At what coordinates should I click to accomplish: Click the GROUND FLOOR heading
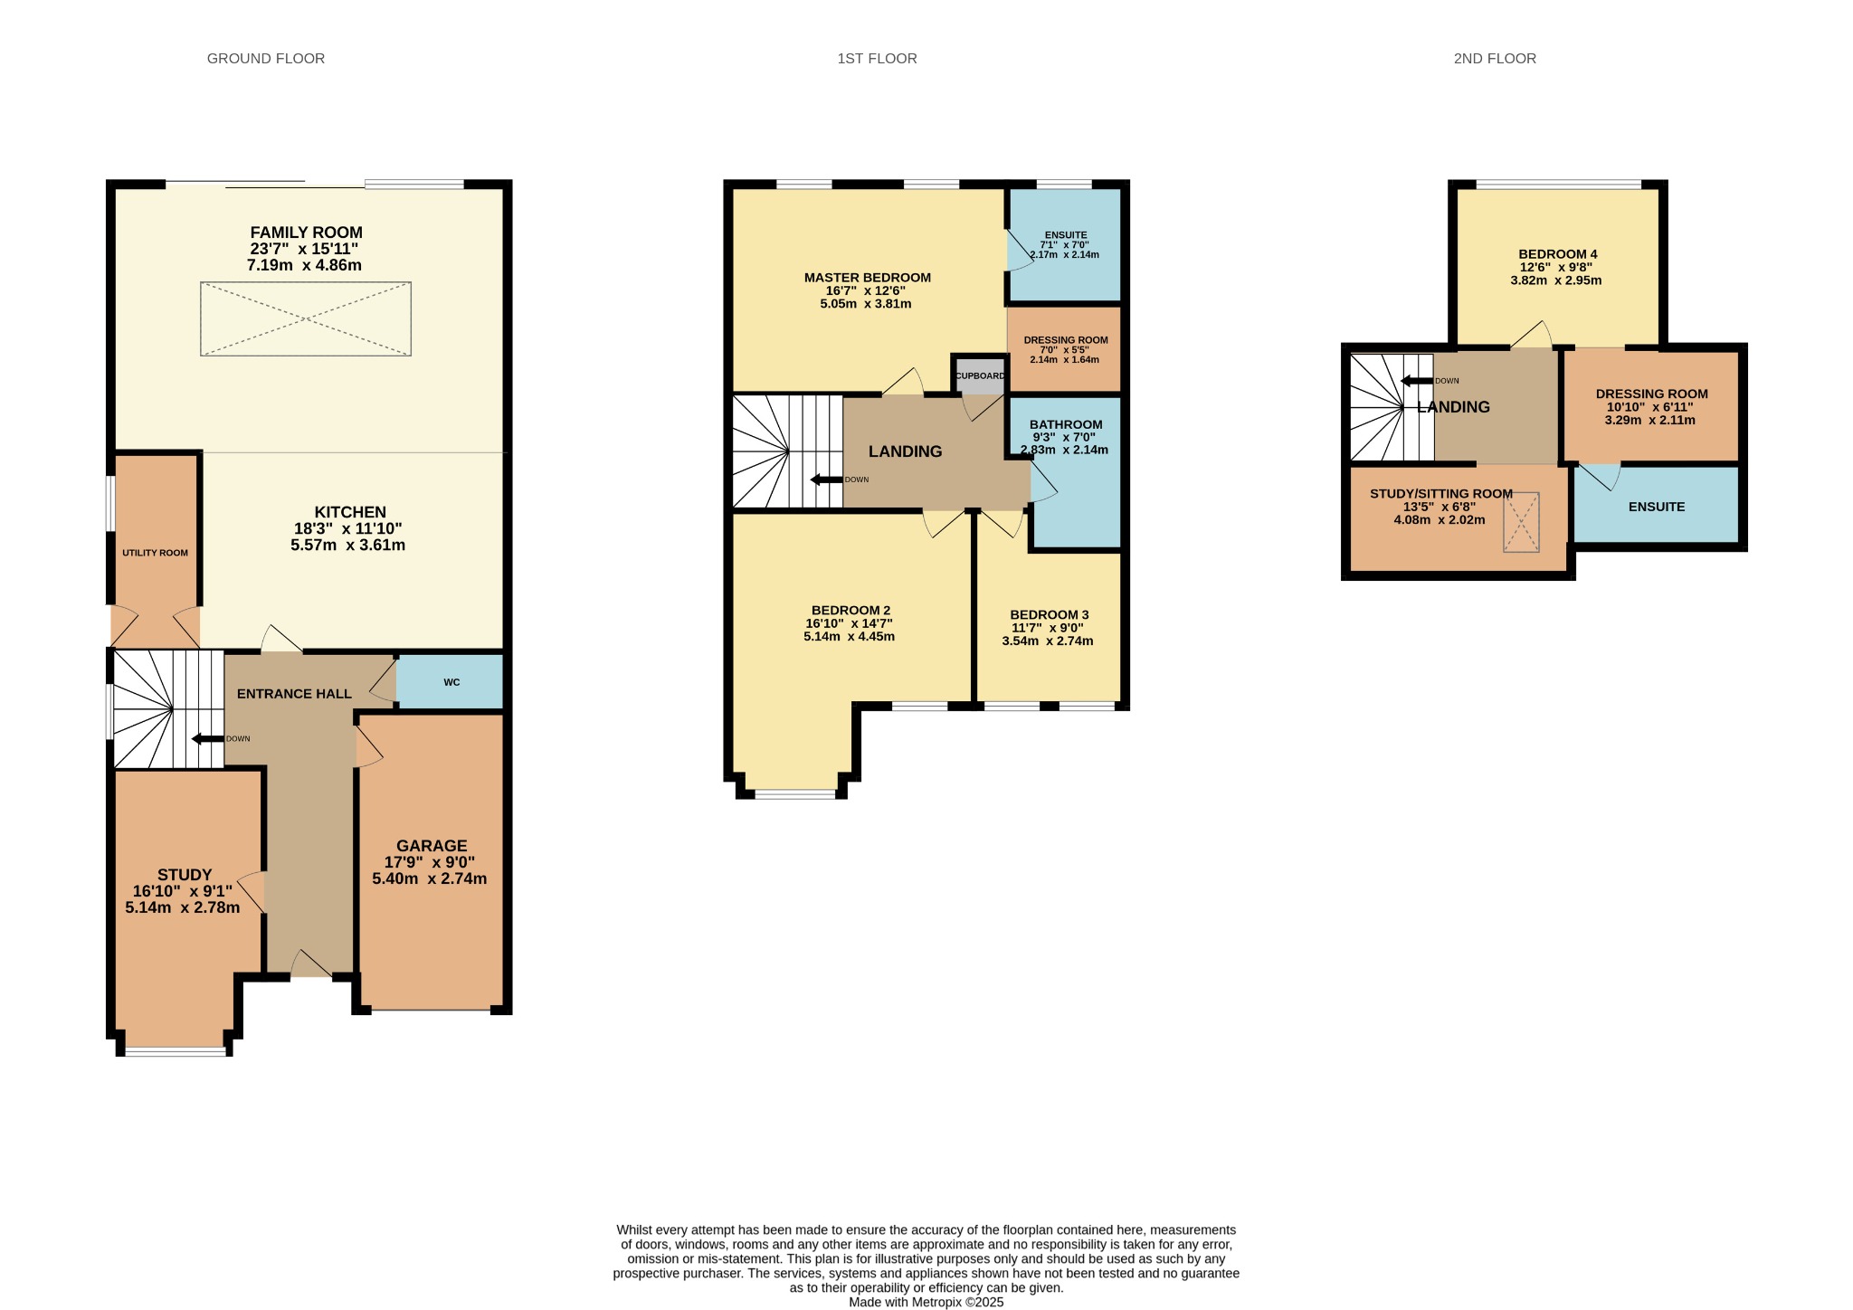click(x=266, y=59)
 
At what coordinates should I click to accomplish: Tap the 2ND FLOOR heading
click(x=1495, y=59)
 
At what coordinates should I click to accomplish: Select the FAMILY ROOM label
click(x=306, y=233)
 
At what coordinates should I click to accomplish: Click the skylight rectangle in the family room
click(x=306, y=318)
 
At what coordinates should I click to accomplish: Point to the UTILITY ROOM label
click(x=156, y=553)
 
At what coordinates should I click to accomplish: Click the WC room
click(x=451, y=681)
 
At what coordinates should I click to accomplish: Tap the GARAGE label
click(x=432, y=846)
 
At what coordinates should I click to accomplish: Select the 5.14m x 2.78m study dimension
click(x=183, y=907)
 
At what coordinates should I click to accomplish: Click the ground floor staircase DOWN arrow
click(x=207, y=739)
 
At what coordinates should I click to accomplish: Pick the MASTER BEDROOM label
click(x=868, y=278)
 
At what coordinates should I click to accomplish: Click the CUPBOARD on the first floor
click(x=980, y=375)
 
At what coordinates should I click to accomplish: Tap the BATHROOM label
click(x=1066, y=424)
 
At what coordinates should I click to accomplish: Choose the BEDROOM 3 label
click(x=1050, y=614)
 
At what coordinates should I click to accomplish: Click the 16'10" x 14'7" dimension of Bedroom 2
click(x=850, y=623)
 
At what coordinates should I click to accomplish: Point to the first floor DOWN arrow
click(x=826, y=479)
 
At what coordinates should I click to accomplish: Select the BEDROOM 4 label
click(x=1558, y=254)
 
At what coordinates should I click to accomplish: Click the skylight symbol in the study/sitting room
click(x=1521, y=522)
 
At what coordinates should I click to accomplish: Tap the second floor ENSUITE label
click(x=1657, y=507)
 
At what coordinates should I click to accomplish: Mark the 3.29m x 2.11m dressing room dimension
click(x=1650, y=420)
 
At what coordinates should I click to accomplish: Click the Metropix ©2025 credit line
click(x=926, y=1303)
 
